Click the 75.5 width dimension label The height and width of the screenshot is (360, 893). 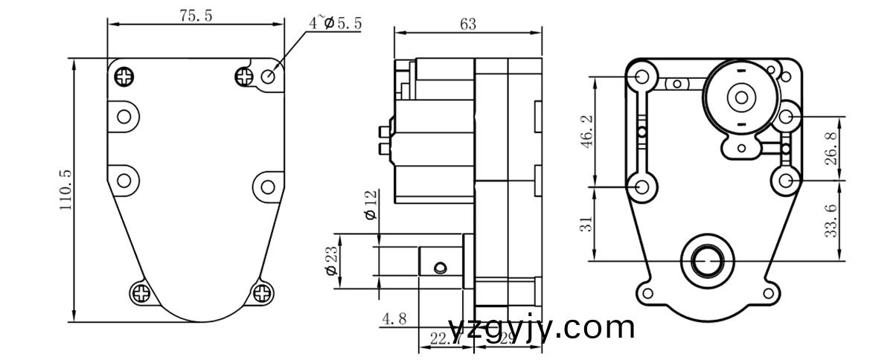click(x=195, y=16)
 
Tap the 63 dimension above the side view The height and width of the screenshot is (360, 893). click(x=467, y=24)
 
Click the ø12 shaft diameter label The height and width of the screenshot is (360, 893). click(x=371, y=205)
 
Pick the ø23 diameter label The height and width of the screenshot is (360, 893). click(x=331, y=261)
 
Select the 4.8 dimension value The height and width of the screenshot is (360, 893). click(x=394, y=319)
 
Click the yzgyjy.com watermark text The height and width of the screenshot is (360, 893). click(x=542, y=327)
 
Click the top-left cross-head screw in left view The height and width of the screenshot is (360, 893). click(x=125, y=75)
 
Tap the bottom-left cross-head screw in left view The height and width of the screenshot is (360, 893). click(x=141, y=293)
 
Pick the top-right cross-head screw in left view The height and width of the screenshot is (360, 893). click(x=245, y=75)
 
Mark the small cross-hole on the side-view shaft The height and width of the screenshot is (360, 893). click(x=441, y=267)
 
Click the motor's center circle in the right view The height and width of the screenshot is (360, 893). click(x=740, y=97)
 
